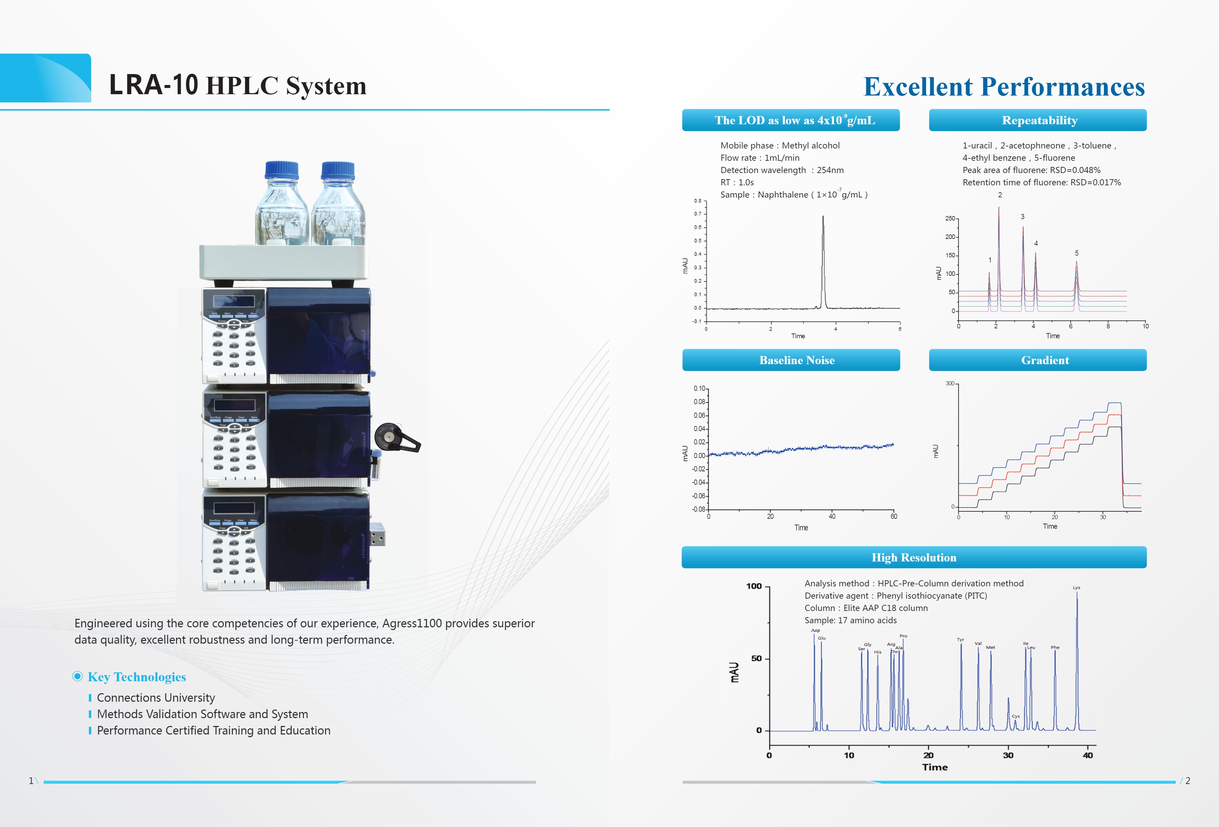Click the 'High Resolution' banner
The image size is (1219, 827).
pyautogui.click(x=914, y=557)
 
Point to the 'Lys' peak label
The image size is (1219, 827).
pyautogui.click(x=1076, y=587)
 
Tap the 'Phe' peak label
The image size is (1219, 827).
pyautogui.click(x=1055, y=647)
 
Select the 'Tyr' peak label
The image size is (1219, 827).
pyautogui.click(x=960, y=639)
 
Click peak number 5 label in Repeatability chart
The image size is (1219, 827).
pyautogui.click(x=1076, y=253)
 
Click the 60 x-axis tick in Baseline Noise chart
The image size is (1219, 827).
pyautogui.click(x=894, y=516)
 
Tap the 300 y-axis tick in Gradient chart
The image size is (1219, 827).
pyautogui.click(x=950, y=383)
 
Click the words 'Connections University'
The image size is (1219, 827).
pyautogui.click(x=156, y=697)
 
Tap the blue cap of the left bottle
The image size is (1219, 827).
pyautogui.click(x=282, y=170)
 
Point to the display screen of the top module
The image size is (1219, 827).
pyautogui.click(x=233, y=301)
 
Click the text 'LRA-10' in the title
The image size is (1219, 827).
pyautogui.click(x=153, y=85)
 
